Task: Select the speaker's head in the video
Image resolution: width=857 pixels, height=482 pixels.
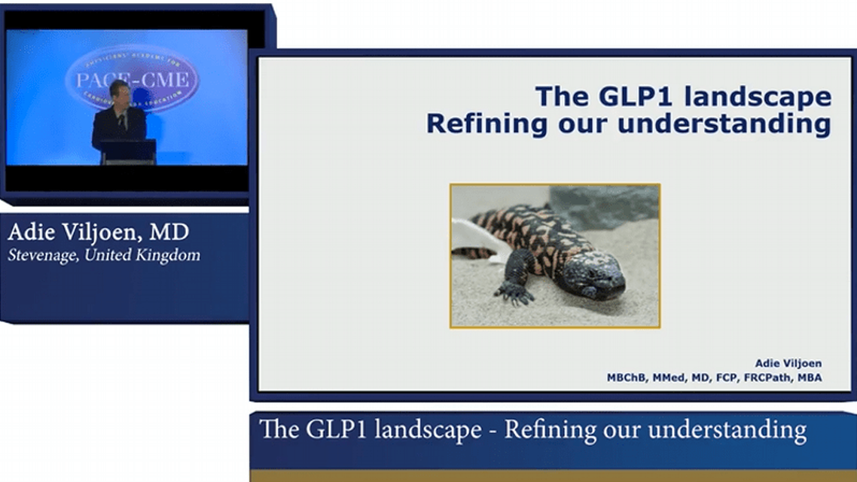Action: click(118, 91)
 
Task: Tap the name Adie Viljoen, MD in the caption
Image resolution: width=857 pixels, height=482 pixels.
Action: click(98, 231)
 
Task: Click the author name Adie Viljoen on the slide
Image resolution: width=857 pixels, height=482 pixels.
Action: click(788, 363)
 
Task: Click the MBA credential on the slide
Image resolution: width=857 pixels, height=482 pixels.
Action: click(810, 377)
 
